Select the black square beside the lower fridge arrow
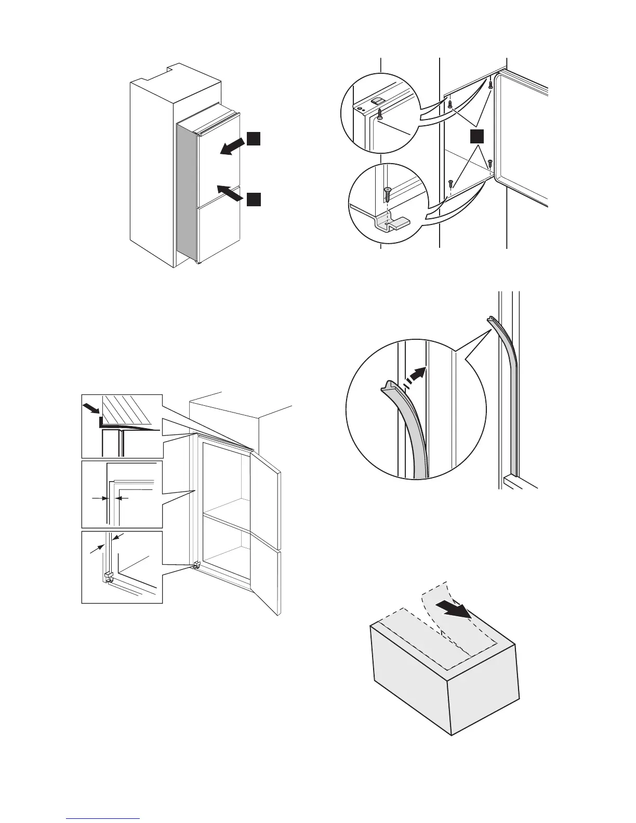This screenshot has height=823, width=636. (253, 199)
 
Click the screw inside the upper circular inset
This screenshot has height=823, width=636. (380, 114)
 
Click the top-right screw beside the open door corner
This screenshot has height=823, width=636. (490, 84)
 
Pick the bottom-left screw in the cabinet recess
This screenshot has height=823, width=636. (450, 183)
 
